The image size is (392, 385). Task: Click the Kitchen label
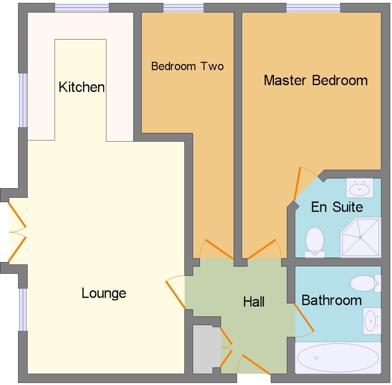(82, 87)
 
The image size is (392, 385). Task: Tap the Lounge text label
(104, 293)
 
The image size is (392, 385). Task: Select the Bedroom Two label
(187, 66)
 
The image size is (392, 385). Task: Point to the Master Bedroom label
(316, 80)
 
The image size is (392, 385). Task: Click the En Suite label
(337, 207)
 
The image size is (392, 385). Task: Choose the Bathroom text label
(331, 300)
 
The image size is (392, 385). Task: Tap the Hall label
(254, 302)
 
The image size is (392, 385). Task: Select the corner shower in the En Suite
(361, 237)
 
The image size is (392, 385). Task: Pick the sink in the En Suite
(359, 188)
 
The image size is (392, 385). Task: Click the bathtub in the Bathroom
(338, 358)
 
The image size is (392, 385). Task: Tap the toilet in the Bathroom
(365, 283)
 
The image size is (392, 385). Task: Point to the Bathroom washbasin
(371, 321)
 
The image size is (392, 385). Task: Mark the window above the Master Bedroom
(313, 8)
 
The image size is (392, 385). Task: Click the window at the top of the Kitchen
(82, 8)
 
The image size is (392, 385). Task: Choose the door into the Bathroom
(304, 318)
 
